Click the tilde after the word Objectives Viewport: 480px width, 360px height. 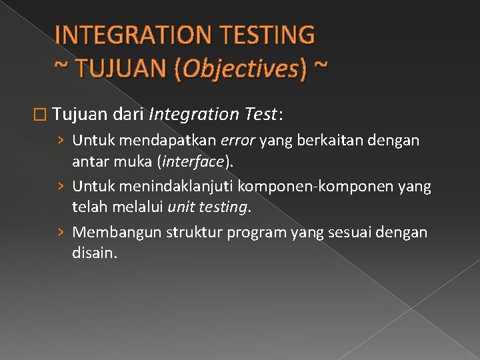click(321, 67)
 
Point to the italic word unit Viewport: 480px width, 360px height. click(181, 207)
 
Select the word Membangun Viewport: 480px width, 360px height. click(109, 233)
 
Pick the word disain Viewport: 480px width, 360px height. click(93, 253)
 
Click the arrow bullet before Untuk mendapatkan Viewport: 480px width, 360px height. click(61, 141)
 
